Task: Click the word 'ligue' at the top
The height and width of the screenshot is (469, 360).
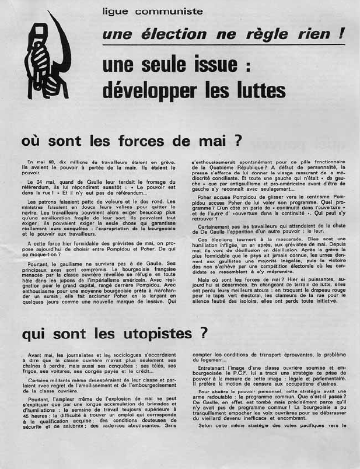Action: pos(115,11)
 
